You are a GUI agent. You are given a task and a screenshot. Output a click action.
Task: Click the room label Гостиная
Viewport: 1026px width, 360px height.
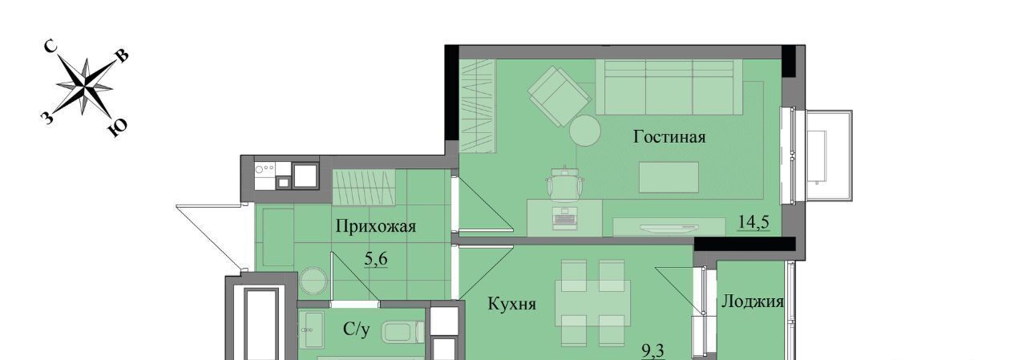point(669,137)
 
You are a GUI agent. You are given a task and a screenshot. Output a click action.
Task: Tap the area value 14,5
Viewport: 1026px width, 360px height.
point(753,223)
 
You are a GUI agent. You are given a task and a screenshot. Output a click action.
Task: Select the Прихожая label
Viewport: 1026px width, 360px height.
point(376,226)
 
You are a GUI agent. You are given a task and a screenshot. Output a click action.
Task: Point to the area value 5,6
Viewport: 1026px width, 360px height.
point(376,259)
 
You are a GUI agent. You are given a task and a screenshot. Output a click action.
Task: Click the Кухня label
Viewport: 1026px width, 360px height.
point(511,304)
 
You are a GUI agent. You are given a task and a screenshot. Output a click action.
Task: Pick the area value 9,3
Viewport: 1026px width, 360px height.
point(652,351)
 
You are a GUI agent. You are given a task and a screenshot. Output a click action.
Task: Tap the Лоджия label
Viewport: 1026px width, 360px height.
point(753,301)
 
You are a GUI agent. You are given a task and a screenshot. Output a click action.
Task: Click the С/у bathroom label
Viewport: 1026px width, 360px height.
point(357,330)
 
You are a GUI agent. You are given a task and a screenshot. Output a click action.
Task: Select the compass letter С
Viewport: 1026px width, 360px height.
point(50,46)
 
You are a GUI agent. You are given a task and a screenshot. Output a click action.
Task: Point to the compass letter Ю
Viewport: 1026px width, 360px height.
point(117,128)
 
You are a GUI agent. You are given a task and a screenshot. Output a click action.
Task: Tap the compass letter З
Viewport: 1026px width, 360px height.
point(46,118)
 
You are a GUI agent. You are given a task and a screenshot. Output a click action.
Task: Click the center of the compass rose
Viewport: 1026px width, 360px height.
point(85,86)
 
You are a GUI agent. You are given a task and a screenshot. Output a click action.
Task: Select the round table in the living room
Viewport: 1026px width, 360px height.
point(585,131)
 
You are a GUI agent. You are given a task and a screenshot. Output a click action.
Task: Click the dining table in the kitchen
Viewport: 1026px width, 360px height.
point(592,303)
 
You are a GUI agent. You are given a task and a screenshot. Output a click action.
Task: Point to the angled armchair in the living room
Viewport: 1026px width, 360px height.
point(559,96)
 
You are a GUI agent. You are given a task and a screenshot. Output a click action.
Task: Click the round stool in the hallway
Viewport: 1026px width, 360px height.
point(313,281)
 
